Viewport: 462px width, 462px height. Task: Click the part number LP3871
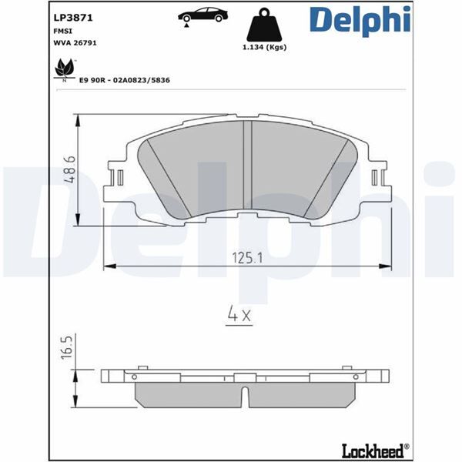pyautogui.click(x=69, y=15)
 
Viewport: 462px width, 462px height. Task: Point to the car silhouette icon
pyautogui.click(x=203, y=15)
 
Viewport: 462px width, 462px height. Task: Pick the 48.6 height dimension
pyautogui.click(x=69, y=170)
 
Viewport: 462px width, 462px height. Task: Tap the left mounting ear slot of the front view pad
pyautogui.click(x=119, y=179)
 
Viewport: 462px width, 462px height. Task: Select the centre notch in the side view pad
pyautogui.click(x=246, y=395)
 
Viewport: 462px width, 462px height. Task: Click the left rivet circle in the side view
pyautogui.click(x=134, y=377)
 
